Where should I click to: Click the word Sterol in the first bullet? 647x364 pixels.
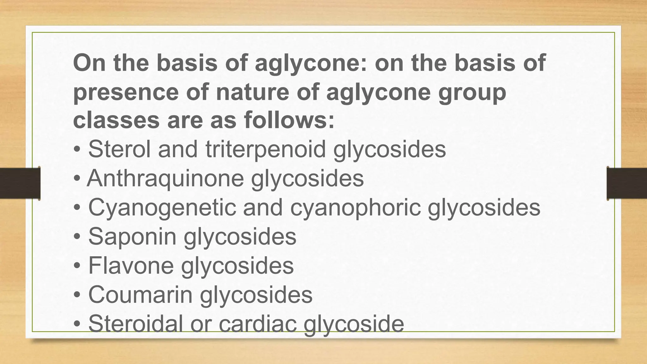pos(119,149)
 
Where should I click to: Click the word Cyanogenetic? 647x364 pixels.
pos(162,208)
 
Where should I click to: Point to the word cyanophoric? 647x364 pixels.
pos(355,208)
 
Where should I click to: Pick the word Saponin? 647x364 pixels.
pos(132,236)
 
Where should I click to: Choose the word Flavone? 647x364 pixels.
pos(131,265)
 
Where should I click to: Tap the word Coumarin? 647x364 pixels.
pos(140,294)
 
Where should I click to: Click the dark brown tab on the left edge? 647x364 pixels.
pos(20,183)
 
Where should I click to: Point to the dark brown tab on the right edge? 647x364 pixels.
pos(627,183)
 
